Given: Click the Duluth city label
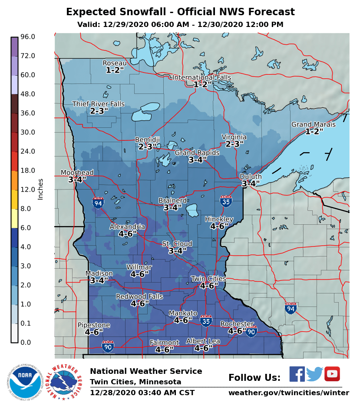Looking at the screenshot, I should click(251, 177).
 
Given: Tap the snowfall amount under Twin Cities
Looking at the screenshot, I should click(208, 286).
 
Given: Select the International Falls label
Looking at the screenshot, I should click(201, 77).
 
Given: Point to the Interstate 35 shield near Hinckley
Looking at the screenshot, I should click(226, 200).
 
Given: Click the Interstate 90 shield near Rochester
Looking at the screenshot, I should click(251, 332).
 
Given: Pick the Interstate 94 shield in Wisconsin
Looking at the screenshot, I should click(291, 308).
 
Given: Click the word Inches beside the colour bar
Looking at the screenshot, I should click(40, 189).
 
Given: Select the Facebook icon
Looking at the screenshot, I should click(297, 374).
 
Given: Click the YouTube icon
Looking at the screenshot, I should click(332, 374).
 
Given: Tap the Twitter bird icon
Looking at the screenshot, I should click(314, 374).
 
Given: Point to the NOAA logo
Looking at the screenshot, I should click(24, 382).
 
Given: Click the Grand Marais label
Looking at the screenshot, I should click(313, 124).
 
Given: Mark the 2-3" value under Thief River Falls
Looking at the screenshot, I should click(99, 111).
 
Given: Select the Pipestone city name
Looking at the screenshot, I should click(94, 325).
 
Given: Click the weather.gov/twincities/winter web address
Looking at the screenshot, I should click(288, 393).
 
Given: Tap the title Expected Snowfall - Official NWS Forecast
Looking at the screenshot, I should click(180, 12).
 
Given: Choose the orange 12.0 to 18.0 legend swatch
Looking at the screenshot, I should click(14, 180).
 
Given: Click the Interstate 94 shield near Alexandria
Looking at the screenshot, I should click(98, 202).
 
